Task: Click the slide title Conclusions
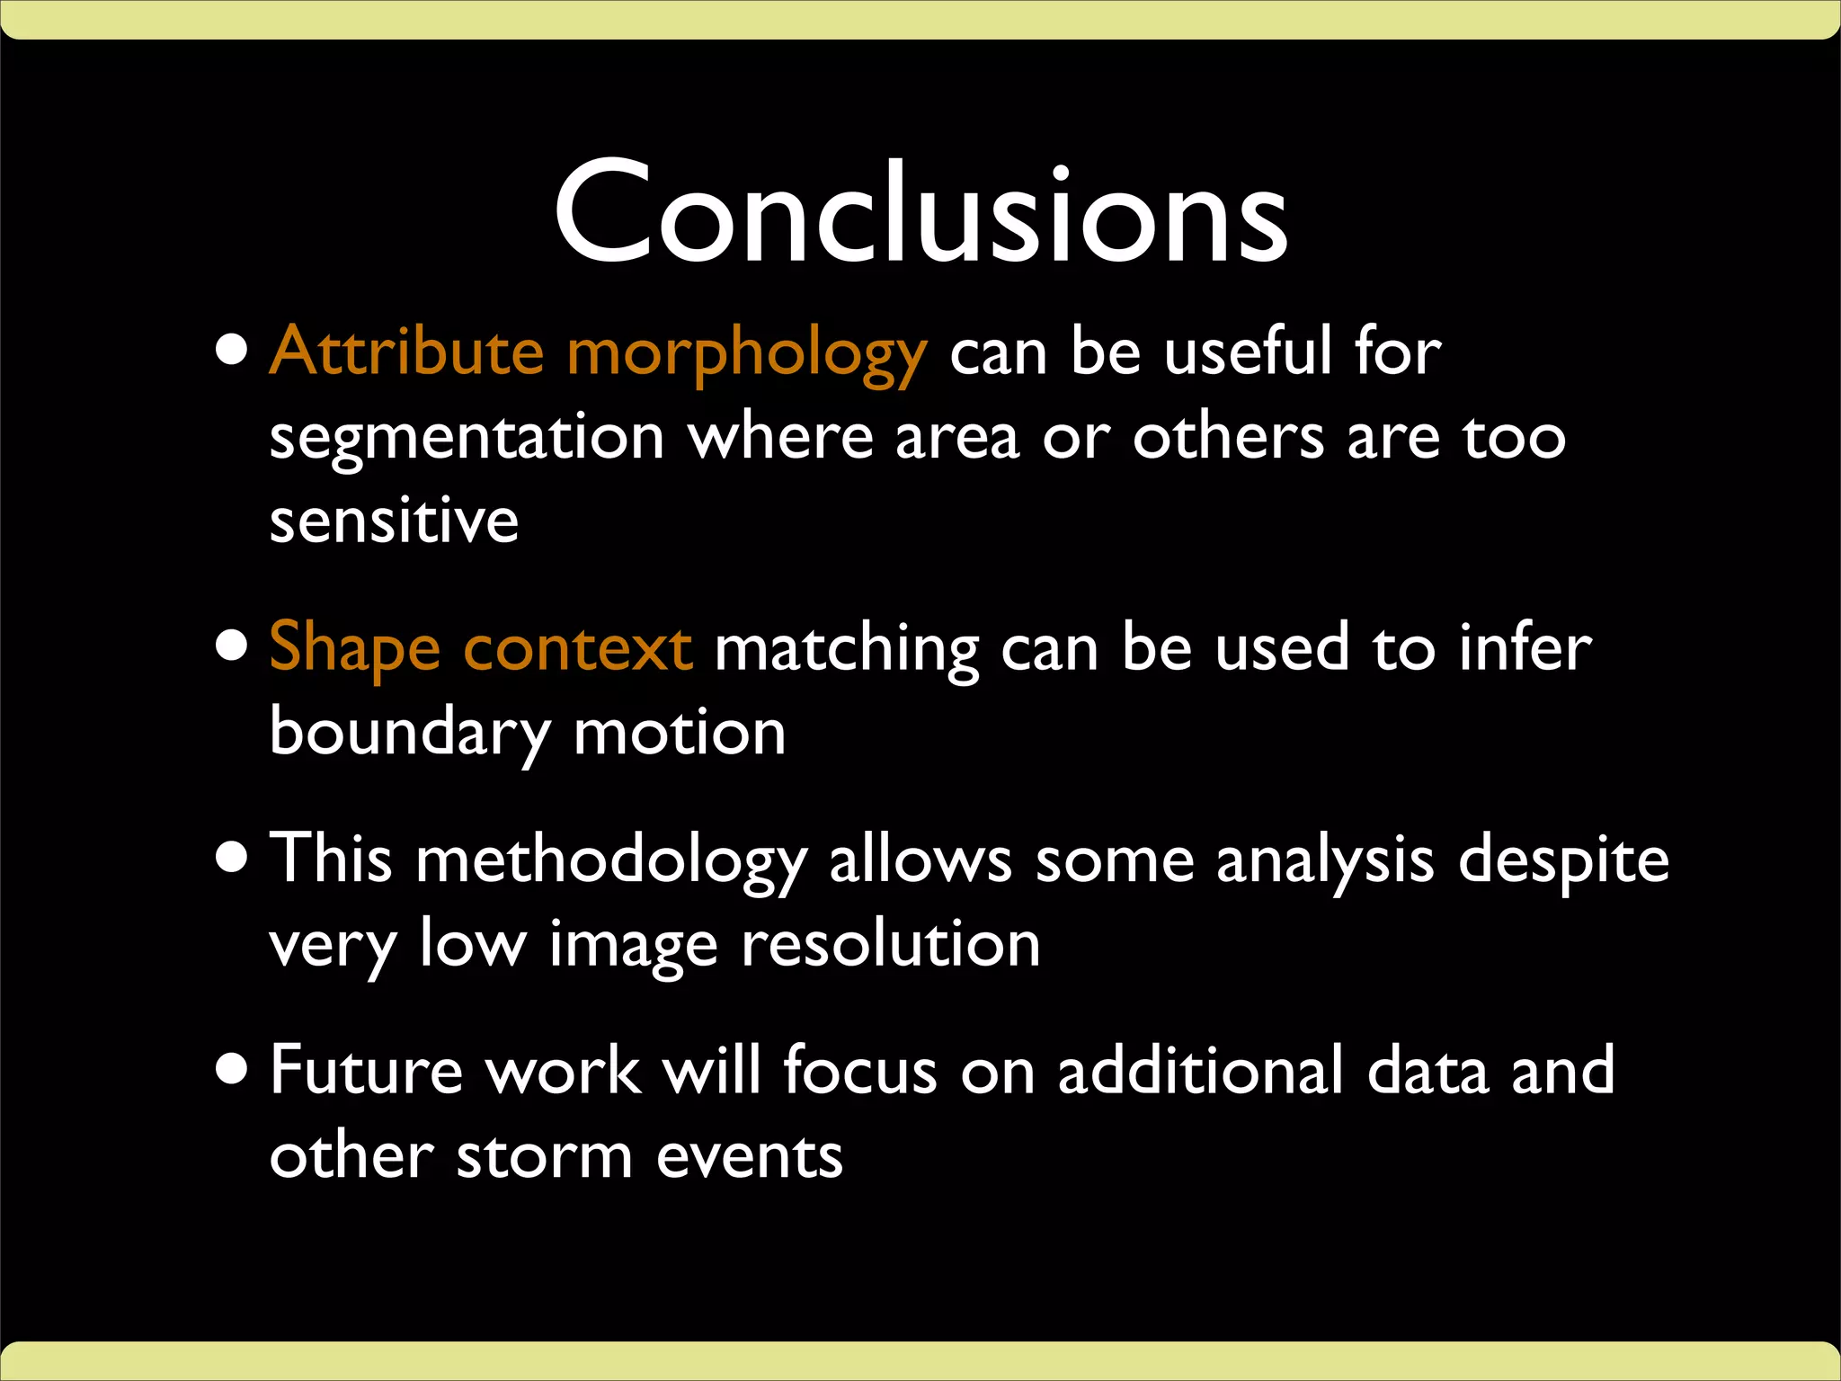[x=920, y=216]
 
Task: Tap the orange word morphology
[x=746, y=355]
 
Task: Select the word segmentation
[x=467, y=439]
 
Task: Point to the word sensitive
[x=394, y=521]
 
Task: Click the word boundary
[x=409, y=734]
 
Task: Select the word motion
[x=680, y=734]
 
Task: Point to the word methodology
[x=610, y=861]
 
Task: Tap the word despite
[x=1563, y=861]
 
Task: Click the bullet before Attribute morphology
[x=233, y=351]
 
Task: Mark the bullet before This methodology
[x=233, y=858]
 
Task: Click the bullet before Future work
[x=233, y=1070]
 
